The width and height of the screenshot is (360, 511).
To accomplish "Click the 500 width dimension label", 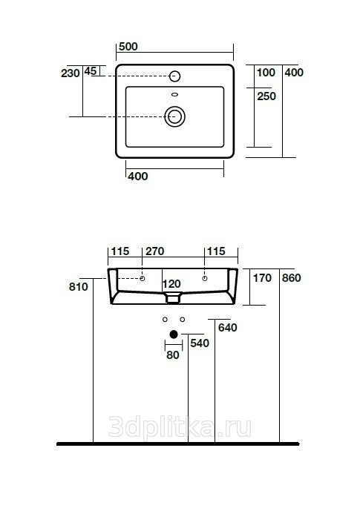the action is [128, 47].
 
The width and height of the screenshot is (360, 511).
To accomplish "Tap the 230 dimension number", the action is [71, 73].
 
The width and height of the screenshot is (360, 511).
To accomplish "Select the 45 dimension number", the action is [91, 71].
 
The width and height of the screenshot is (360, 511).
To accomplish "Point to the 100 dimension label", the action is [266, 73].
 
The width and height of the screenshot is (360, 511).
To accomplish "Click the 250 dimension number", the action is [266, 96].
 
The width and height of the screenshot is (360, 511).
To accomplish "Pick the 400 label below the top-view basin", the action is [138, 177].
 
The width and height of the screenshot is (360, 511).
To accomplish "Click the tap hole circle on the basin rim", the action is [175, 76].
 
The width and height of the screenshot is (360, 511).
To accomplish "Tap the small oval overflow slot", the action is [175, 94].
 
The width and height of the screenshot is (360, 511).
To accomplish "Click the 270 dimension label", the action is [155, 251].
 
